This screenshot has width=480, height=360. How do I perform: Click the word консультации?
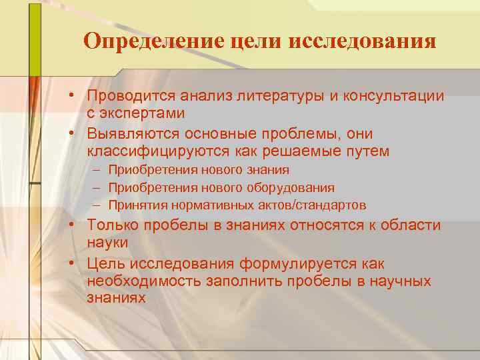tap(393, 96)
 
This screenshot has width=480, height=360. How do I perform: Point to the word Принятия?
tap(138, 205)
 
